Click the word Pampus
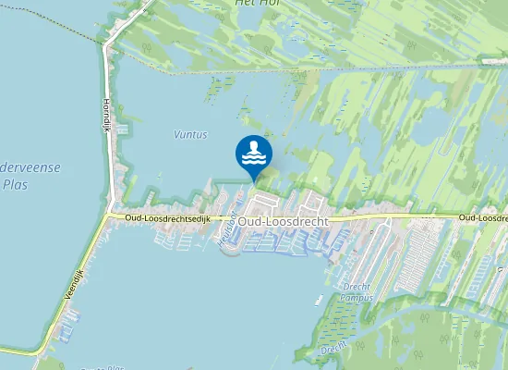tap(355, 298)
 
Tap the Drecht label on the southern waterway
tap(333, 350)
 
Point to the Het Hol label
tap(258, 3)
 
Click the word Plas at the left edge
tap(15, 183)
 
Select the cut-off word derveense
tap(30, 167)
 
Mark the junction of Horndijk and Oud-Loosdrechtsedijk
tap(107, 216)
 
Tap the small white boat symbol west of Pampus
tap(318, 300)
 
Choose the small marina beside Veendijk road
tap(67, 328)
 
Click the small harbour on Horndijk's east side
tap(119, 176)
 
